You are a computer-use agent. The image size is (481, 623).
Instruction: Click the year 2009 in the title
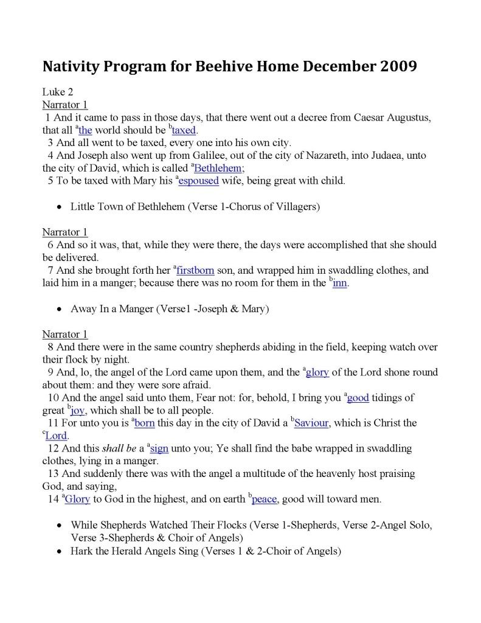coord(398,66)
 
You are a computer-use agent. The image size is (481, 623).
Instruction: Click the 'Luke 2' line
coord(58,92)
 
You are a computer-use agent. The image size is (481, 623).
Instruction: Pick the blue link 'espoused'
coord(198,181)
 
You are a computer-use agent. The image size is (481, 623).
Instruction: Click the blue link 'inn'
coord(341,283)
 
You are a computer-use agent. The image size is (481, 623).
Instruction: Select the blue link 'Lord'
coord(57,436)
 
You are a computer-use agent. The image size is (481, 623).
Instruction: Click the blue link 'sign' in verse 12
coord(159,449)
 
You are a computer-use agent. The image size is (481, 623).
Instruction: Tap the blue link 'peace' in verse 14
coord(265,500)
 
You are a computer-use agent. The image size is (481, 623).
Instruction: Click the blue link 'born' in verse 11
coord(144,423)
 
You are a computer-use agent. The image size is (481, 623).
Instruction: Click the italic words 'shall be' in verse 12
coord(117,449)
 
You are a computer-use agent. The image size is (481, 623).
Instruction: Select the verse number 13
coord(52,474)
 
